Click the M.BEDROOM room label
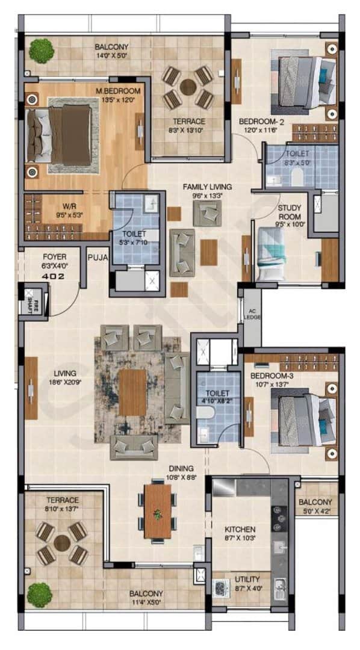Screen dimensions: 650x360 pyautogui.click(x=118, y=91)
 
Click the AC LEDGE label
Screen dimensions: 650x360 pyautogui.click(x=252, y=314)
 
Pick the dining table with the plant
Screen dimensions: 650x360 pyautogui.click(x=158, y=511)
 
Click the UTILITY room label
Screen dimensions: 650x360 pyautogui.click(x=247, y=580)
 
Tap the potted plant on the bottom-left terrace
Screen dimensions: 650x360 pyautogui.click(x=39, y=595)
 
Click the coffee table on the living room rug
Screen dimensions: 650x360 pyautogui.click(x=133, y=392)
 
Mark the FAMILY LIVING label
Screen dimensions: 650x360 pyautogui.click(x=207, y=187)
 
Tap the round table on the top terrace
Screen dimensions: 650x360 pyautogui.click(x=188, y=87)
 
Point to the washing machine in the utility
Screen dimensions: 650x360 pyautogui.click(x=219, y=587)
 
